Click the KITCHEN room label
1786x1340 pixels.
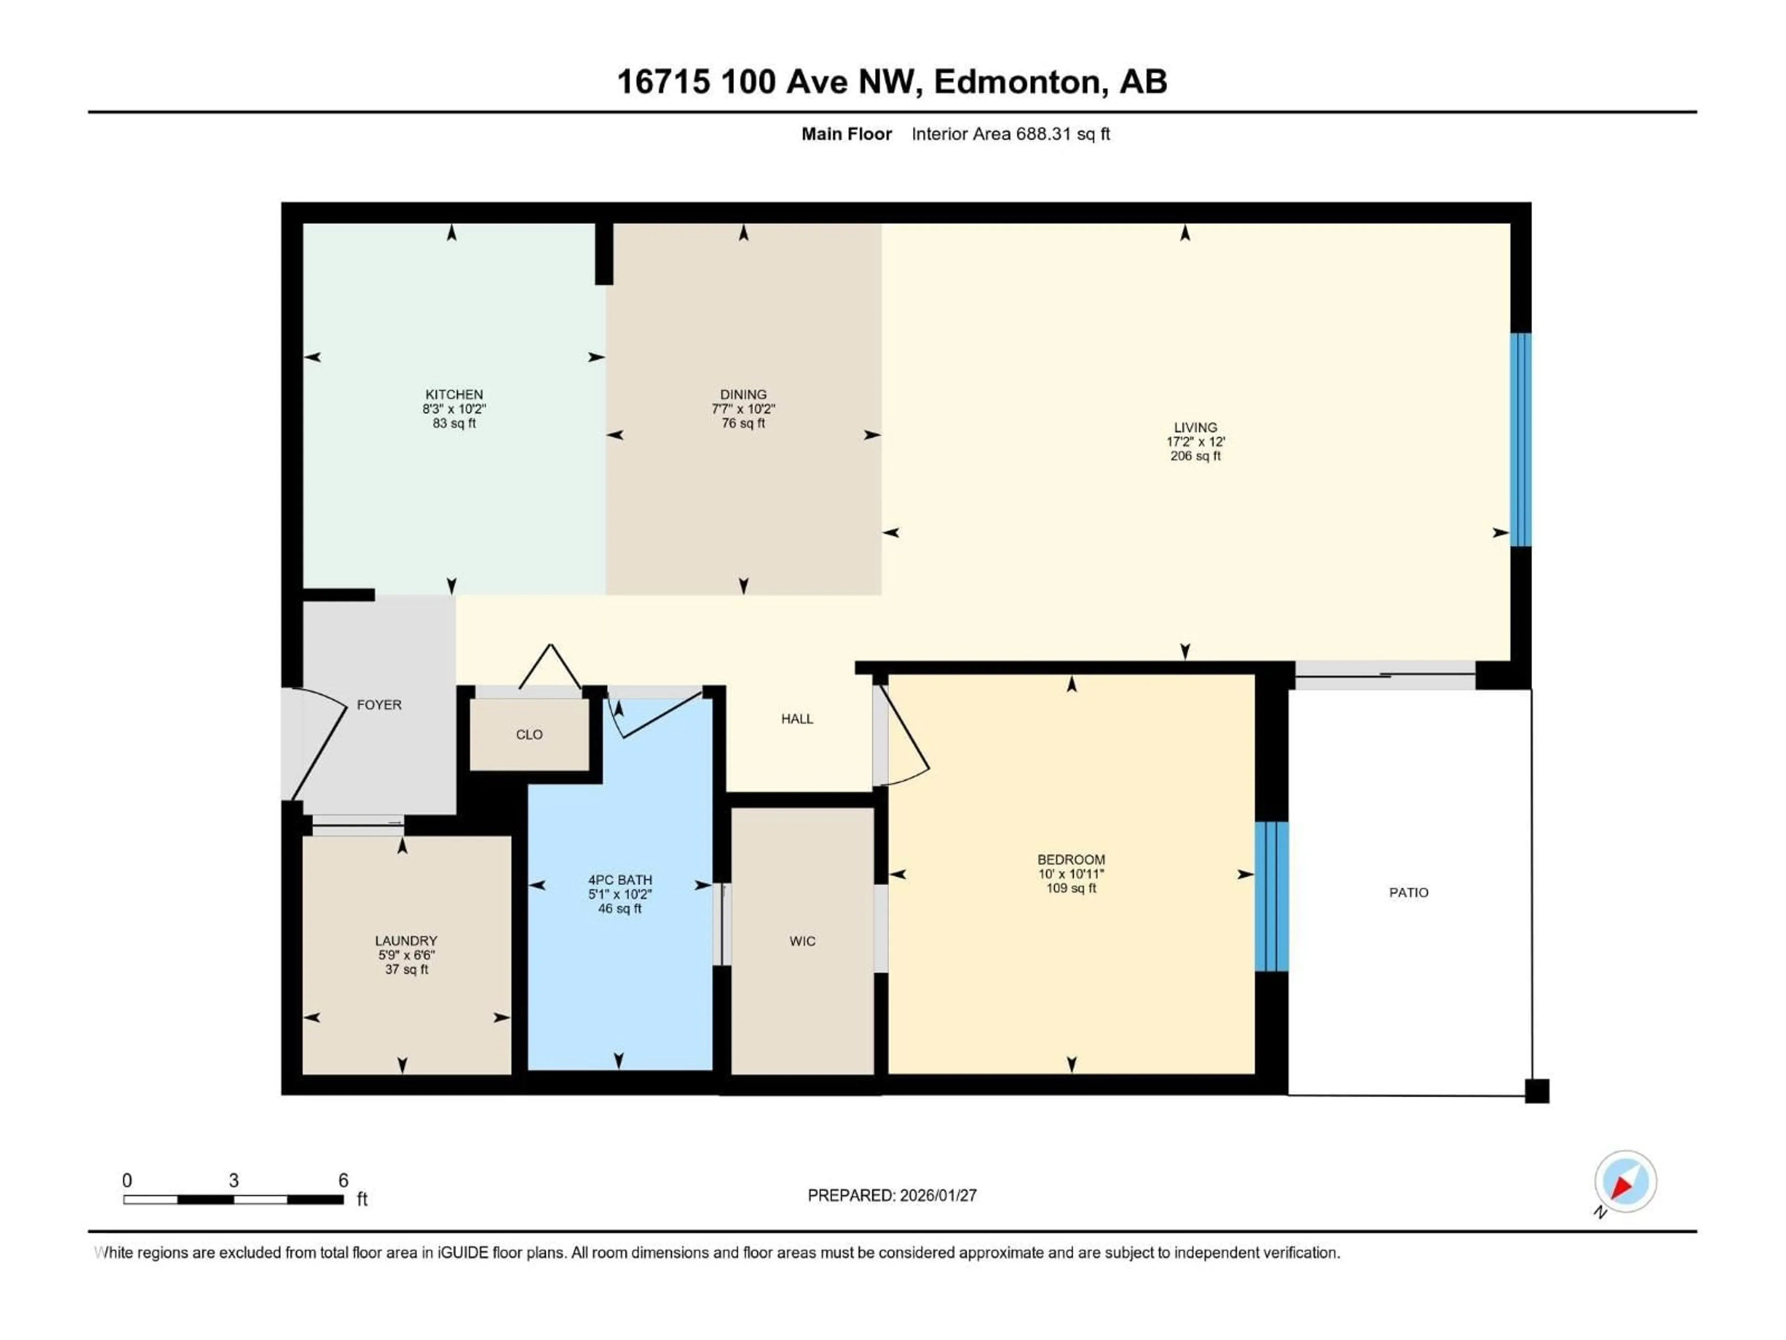pyautogui.click(x=454, y=394)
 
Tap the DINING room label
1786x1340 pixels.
pyautogui.click(x=743, y=394)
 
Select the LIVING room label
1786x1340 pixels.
pyautogui.click(x=1195, y=427)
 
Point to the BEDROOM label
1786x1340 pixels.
pyautogui.click(x=1071, y=859)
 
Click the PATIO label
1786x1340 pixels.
pyautogui.click(x=1408, y=892)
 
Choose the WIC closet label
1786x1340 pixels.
pyautogui.click(x=802, y=941)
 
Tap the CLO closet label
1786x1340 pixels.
pyautogui.click(x=529, y=734)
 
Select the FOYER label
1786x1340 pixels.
pyautogui.click(x=379, y=704)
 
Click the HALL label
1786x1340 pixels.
pyautogui.click(x=796, y=719)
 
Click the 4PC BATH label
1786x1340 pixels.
pyautogui.click(x=620, y=879)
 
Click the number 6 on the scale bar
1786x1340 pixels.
pyautogui.click(x=343, y=1180)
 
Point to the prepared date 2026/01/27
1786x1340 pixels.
pyautogui.click(x=937, y=1195)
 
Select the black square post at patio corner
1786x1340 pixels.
pyautogui.click(x=1537, y=1091)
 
